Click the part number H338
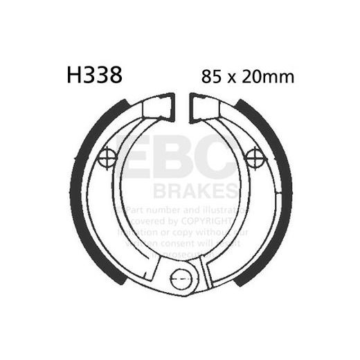pos(94,75)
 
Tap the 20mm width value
pos(267,76)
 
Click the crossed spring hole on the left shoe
pos(108,158)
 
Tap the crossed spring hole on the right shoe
pos(254,156)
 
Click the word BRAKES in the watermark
pos(201,190)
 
